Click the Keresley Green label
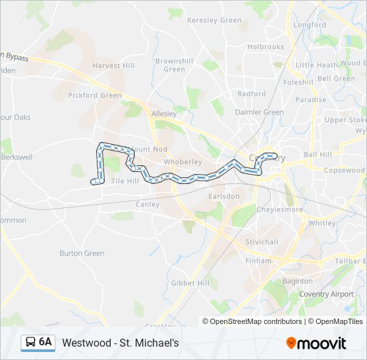coord(214,20)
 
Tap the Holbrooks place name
coord(266,47)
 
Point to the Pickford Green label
coord(95,95)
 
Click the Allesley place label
coord(163,114)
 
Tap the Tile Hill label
coord(125,181)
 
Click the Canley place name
coord(147,205)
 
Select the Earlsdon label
coord(224,197)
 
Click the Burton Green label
coord(82,253)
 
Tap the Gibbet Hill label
coord(190,283)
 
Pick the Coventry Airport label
coord(326,294)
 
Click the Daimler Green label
coord(260,112)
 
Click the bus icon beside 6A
coord(31,343)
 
